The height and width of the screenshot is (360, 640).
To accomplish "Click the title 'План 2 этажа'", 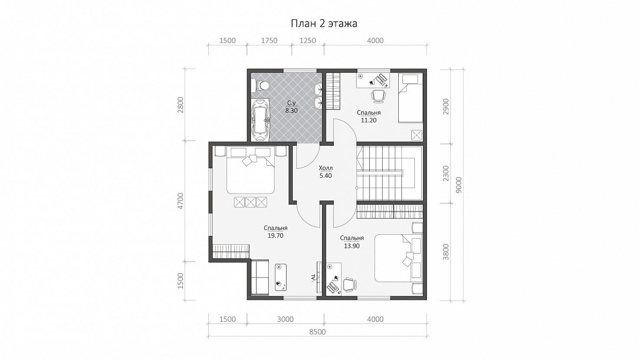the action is pos(324,23).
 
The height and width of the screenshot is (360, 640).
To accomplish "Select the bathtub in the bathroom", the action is pos(261,120).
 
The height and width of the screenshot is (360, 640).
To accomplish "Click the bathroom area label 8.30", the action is pos(292,111).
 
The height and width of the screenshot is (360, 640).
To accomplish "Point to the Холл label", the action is pos(326,168).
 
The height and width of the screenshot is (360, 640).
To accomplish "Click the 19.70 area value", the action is pos(276,236).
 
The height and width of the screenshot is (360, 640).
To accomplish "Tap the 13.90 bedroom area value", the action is pos(352,246).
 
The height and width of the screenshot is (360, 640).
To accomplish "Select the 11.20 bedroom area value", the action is pos(368,120).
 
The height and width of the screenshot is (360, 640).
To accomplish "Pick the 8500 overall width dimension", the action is pos(318,332).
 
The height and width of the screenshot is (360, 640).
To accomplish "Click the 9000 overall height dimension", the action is pos(459,185).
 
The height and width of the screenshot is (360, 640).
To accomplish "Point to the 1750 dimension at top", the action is pos(269,41).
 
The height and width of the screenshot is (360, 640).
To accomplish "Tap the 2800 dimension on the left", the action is pos(181,105).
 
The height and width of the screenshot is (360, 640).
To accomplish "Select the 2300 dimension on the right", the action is pos(446,174).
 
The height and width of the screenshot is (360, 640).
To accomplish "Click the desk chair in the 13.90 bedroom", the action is pos(349,285).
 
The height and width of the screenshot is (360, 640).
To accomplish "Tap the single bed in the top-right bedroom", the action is pos(410,98).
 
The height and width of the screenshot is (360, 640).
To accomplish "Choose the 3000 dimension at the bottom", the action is pos(286,319).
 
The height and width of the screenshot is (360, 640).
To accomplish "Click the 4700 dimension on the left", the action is pos(181,201).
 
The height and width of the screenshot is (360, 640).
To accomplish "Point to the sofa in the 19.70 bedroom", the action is pos(260,278).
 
